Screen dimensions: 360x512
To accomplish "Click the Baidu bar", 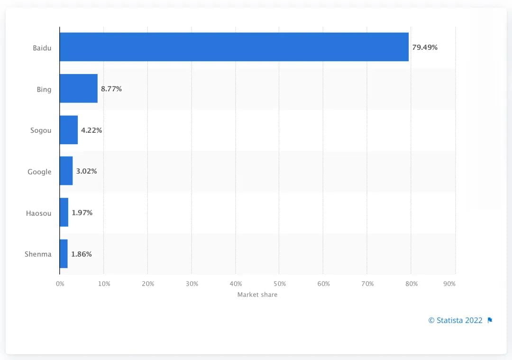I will pyautogui.click(x=234, y=47).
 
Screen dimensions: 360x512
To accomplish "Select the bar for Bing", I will pyautogui.click(x=79, y=89).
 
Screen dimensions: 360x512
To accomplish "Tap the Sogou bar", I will pyautogui.click(x=69, y=130).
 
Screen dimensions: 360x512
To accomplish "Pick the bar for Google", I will pyautogui.click(x=66, y=171).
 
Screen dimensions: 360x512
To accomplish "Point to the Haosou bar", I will pyautogui.click(x=64, y=212).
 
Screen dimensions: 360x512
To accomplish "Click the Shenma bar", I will pyautogui.click(x=64, y=254).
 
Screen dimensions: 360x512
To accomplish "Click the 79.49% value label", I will pyautogui.click(x=425, y=47).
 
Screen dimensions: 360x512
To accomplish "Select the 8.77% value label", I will pyautogui.click(x=111, y=89).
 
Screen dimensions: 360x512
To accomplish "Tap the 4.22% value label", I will pyautogui.click(x=91, y=130).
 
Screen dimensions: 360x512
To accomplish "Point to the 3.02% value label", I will pyautogui.click(x=86, y=171).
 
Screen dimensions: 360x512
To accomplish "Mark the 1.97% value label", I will pyautogui.click(x=82, y=212).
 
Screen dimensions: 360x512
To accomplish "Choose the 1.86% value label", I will pyautogui.click(x=82, y=254).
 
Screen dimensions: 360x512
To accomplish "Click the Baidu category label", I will pyautogui.click(x=42, y=47).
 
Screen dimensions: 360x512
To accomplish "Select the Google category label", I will pyautogui.click(x=39, y=172).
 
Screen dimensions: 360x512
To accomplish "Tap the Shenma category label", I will pyautogui.click(x=38, y=254).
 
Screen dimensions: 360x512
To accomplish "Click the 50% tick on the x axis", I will pyautogui.click(x=279, y=284).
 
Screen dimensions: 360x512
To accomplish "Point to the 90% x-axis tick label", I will pyautogui.click(x=449, y=284).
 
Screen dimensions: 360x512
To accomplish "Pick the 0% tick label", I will pyautogui.click(x=60, y=284).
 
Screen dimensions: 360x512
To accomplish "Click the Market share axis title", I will pyautogui.click(x=257, y=295).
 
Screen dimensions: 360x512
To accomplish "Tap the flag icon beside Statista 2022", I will pyautogui.click(x=490, y=320).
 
